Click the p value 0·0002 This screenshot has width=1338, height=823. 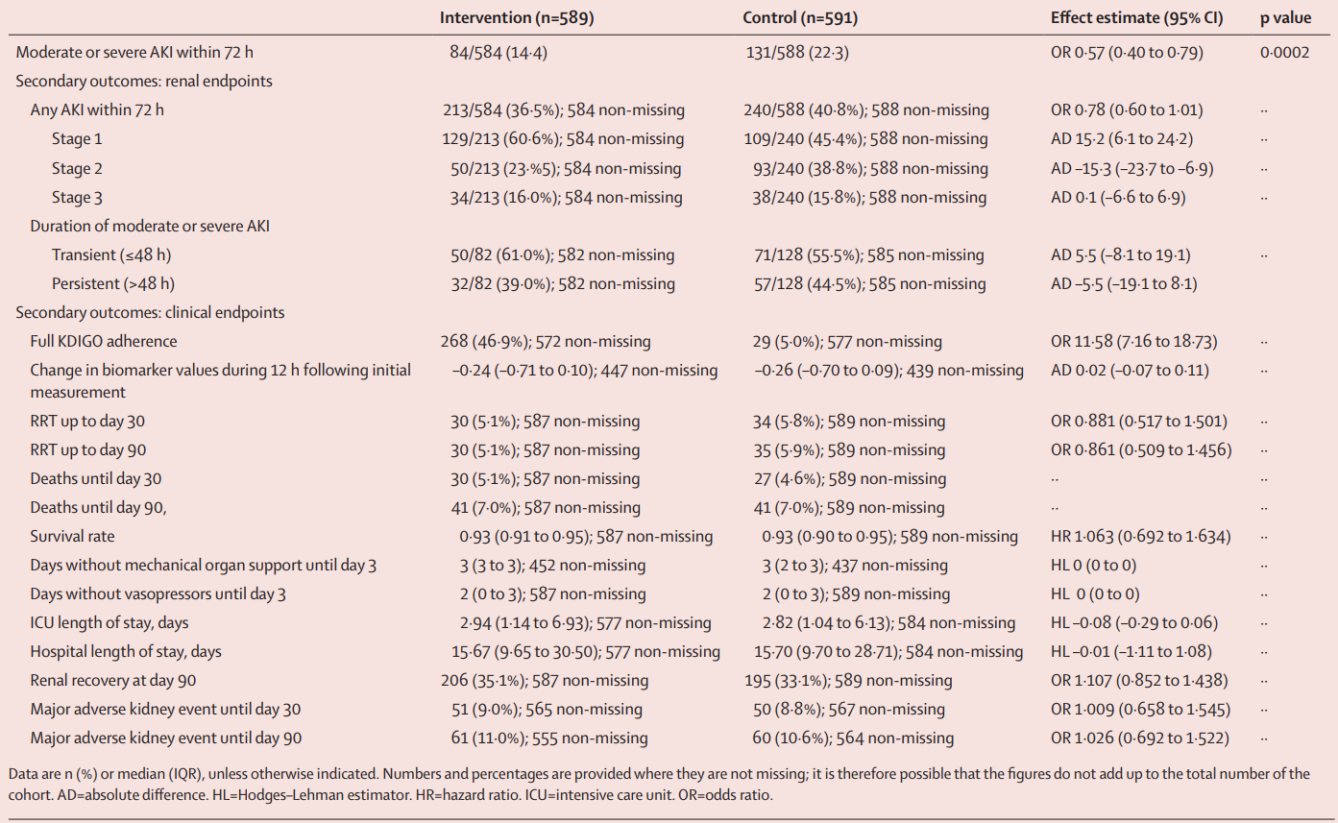pos(1283,52)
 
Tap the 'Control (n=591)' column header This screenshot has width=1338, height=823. pos(799,18)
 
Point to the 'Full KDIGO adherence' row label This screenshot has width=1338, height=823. pos(104,341)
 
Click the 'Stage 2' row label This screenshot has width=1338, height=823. pos(77,168)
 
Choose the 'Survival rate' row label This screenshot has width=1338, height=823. pos(72,536)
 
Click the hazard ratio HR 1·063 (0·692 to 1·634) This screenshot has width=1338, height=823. pos(1141,536)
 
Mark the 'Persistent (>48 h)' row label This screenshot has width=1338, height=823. pos(113,283)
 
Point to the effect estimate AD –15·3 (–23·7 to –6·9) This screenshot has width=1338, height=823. pos(1132,168)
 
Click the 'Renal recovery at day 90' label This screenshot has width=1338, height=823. pos(113,680)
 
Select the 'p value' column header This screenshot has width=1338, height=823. pos(1284,18)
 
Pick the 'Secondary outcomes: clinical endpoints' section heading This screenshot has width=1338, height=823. pos(150,312)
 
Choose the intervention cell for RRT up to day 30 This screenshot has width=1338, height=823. pos(539,421)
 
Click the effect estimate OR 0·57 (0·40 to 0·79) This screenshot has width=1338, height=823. pos(1127,52)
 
